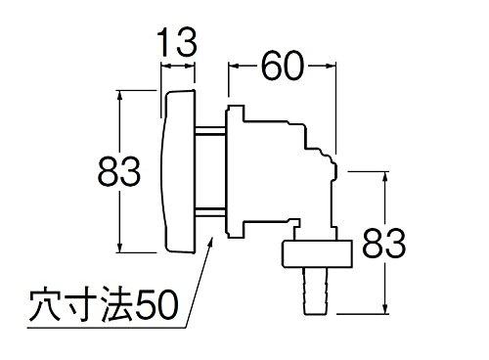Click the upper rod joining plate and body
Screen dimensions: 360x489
click(x=213, y=131)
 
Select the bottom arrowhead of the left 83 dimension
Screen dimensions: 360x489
click(x=120, y=247)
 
